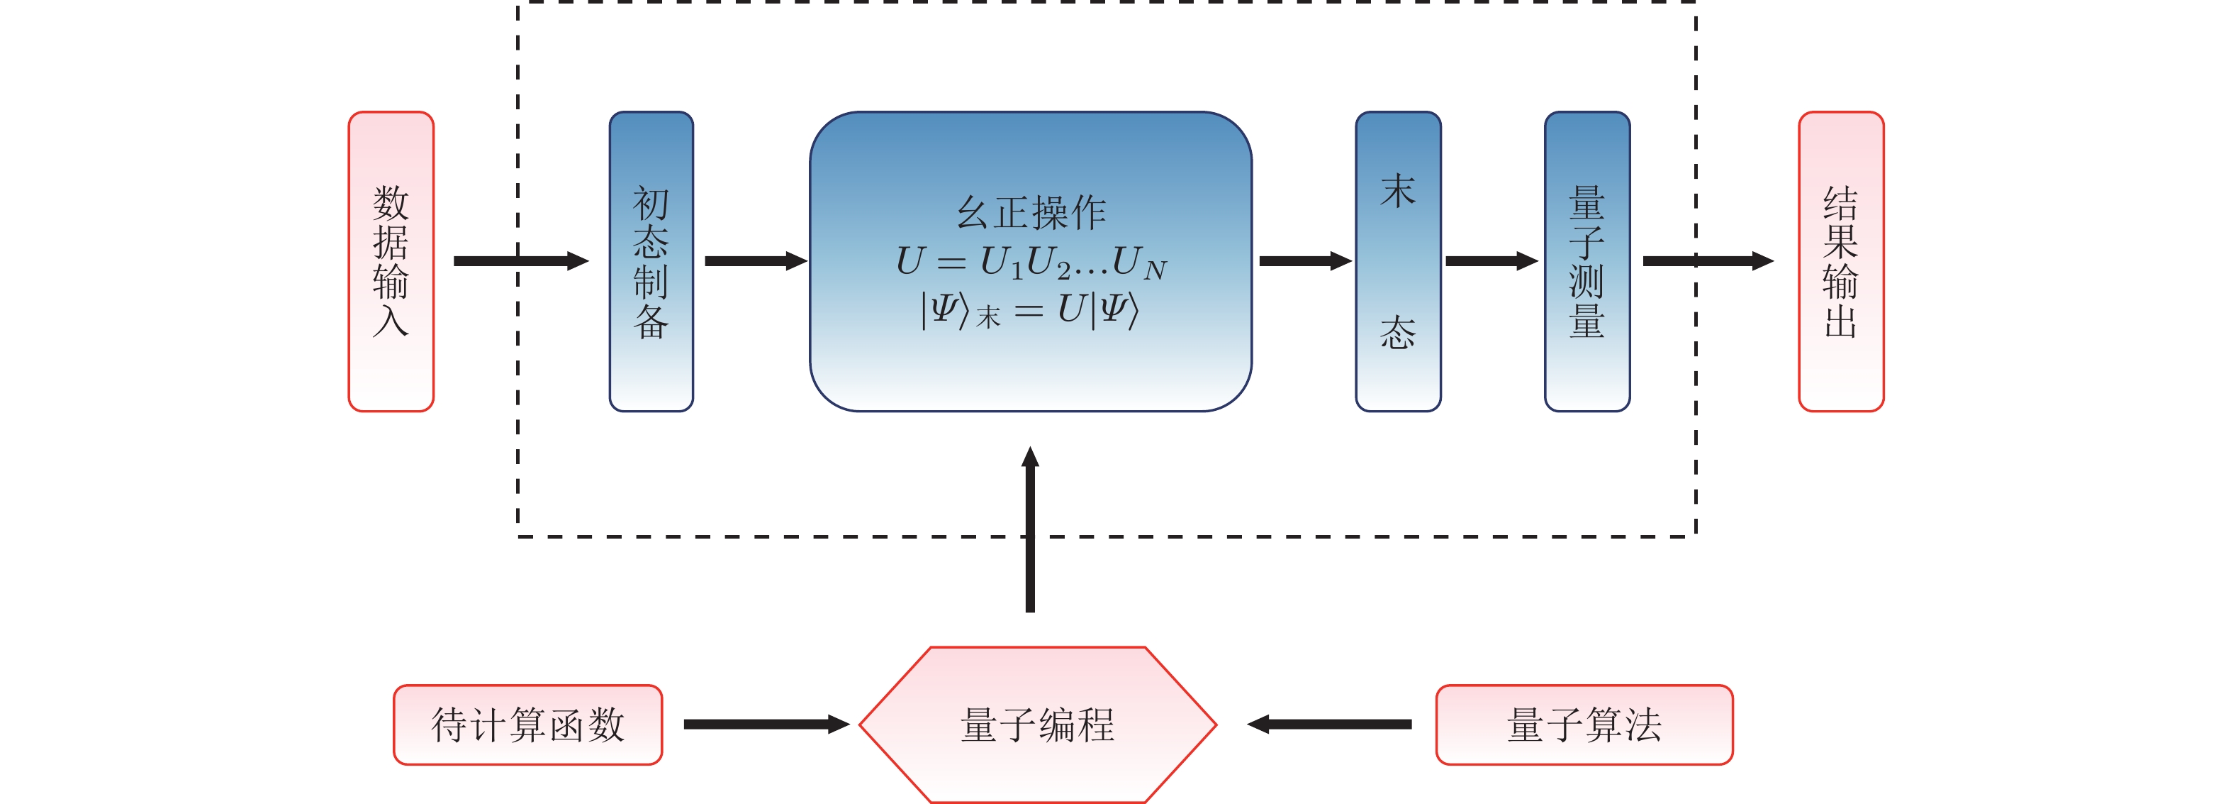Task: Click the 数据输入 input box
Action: click(391, 261)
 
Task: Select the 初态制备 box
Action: click(651, 261)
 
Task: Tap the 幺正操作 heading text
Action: click(1031, 212)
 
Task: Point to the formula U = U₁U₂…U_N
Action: click(1031, 262)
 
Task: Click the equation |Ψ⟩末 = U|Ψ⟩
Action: click(1030, 311)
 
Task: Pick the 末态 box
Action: click(1398, 261)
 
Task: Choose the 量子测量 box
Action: click(1587, 261)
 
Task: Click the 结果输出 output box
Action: click(1841, 261)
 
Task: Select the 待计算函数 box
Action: click(528, 725)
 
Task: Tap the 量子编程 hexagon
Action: click(1038, 725)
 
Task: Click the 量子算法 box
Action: click(1584, 725)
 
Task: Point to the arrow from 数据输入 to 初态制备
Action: click(521, 261)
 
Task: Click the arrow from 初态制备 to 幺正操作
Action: click(756, 261)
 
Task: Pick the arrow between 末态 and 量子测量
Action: click(1492, 261)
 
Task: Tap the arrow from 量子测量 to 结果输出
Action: click(1708, 261)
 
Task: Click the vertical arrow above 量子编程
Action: click(1030, 529)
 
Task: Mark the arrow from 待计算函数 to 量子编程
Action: click(766, 725)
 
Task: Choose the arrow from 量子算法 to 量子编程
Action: click(1329, 725)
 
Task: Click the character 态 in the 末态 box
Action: click(1398, 333)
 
